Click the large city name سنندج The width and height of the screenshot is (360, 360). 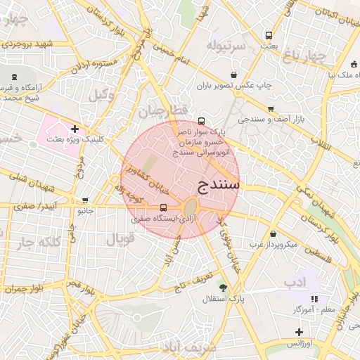[215, 185]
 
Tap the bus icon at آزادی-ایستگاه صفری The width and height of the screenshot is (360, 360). [164, 207]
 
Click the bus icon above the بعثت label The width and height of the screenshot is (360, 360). [269, 35]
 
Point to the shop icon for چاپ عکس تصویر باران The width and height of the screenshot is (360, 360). [233, 75]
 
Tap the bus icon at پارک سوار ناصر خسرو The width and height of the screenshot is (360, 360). [202, 120]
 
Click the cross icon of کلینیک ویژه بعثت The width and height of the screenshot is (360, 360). [75, 129]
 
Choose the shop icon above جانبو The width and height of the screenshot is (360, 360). [86, 200]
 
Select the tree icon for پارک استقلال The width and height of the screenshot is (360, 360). [223, 287]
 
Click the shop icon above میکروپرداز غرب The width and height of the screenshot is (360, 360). [273, 233]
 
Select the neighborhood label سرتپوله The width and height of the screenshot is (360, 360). [226, 46]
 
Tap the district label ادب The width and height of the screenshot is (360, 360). [295, 281]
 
